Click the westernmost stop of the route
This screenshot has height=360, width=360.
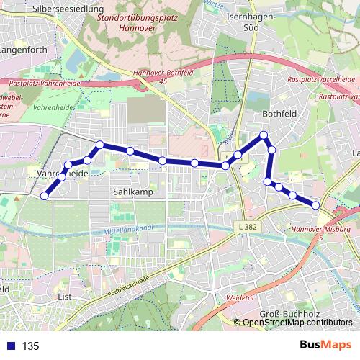[x=45, y=196]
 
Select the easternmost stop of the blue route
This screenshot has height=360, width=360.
[x=315, y=205]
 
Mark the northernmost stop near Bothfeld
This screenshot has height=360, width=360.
[x=264, y=135]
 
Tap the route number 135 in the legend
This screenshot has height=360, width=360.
[x=30, y=346]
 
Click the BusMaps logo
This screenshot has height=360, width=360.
[x=327, y=346]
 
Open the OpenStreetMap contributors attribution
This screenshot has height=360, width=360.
[x=297, y=322]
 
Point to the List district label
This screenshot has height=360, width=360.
[x=64, y=296]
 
